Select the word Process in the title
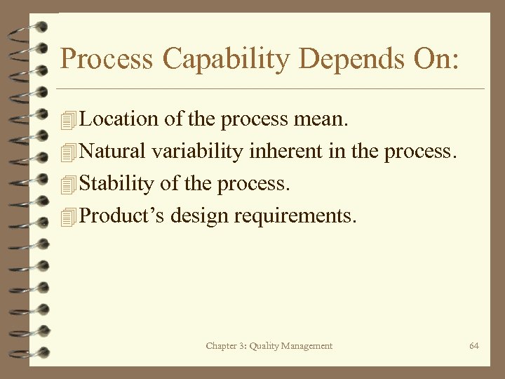(x=107, y=59)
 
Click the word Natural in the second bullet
(x=112, y=152)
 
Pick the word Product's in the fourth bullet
(x=121, y=215)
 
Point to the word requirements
(x=296, y=215)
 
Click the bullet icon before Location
(x=67, y=120)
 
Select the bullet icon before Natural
(x=67, y=152)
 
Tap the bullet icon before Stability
(x=67, y=185)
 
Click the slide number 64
(x=474, y=346)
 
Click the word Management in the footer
(x=308, y=346)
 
